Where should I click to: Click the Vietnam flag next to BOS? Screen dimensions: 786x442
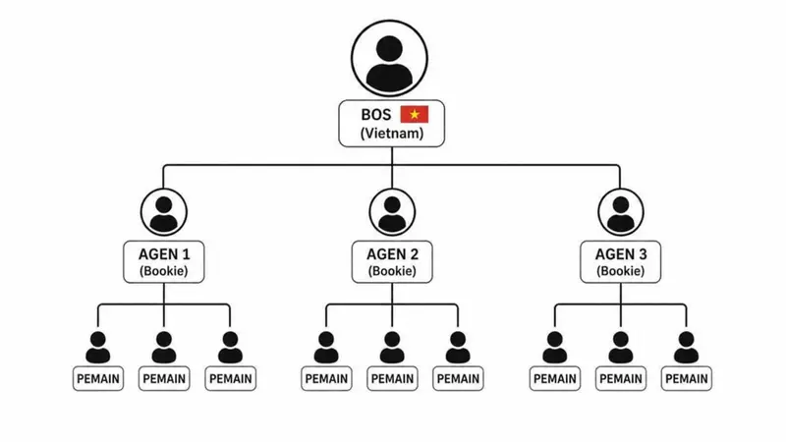(414, 114)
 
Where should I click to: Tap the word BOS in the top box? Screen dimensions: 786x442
(376, 115)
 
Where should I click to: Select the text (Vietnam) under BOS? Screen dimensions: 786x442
(391, 134)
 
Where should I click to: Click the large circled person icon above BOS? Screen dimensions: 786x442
(389, 58)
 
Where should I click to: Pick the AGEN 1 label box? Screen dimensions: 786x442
(164, 262)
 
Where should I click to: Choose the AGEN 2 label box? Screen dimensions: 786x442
(392, 262)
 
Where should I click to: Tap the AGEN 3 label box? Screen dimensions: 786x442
(621, 262)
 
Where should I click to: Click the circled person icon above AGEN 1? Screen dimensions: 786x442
(164, 212)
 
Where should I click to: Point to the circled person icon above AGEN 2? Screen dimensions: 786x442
(392, 212)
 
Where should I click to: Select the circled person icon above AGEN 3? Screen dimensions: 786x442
(621, 212)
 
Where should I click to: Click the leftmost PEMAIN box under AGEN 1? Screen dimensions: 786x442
(98, 379)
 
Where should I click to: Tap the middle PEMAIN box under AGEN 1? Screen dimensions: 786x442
(164, 379)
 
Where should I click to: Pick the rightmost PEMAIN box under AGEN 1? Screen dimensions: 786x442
(230, 379)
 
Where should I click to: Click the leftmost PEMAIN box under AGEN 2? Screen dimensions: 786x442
(326, 379)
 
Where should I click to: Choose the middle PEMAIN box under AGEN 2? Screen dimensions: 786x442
(392, 379)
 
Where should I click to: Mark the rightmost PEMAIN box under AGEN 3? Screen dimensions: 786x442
(686, 379)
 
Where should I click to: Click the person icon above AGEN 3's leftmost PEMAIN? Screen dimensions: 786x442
(555, 348)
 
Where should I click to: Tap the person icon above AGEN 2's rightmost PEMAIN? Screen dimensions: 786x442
(458, 348)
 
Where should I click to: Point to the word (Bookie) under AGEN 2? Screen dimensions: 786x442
(392, 271)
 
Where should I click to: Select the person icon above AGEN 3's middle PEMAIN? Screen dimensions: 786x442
(621, 348)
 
